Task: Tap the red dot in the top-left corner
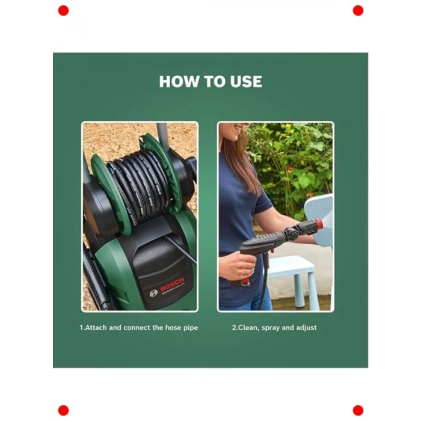(63, 10)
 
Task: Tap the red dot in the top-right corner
(358, 10)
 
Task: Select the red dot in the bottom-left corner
(63, 411)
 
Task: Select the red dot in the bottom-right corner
(358, 411)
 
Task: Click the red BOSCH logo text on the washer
(173, 285)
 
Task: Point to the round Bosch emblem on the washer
(153, 293)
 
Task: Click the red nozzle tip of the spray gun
(319, 223)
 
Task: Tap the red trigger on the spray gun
(245, 280)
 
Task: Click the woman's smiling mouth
(238, 128)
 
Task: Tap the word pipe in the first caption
(191, 328)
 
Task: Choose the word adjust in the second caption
(307, 328)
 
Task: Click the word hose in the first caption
(173, 328)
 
